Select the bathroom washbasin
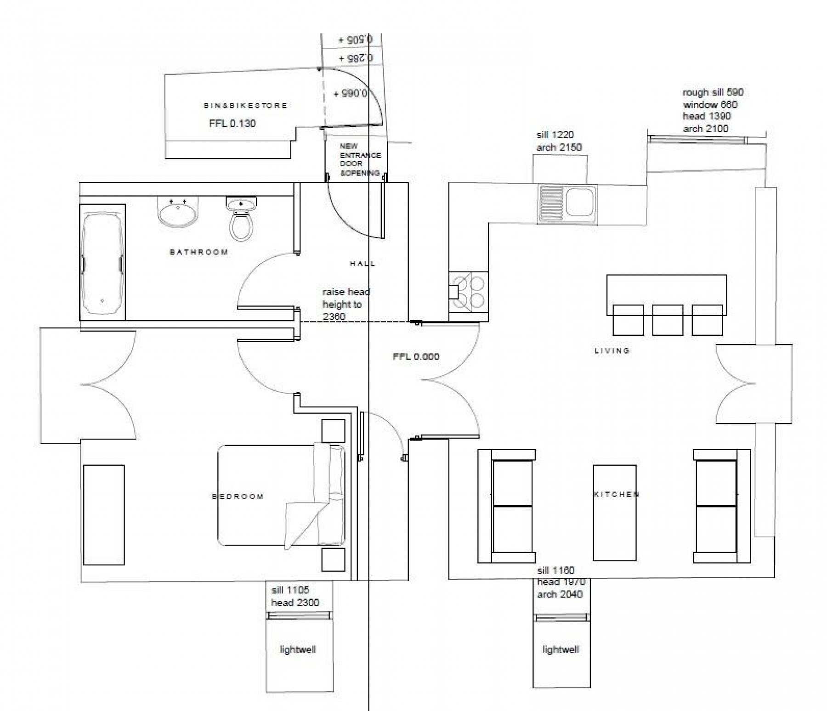pyautogui.click(x=178, y=212)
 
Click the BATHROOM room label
pyautogui.click(x=199, y=252)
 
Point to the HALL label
pyautogui.click(x=363, y=264)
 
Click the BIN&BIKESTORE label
pyautogui.click(x=245, y=106)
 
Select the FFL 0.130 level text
pyautogui.click(x=232, y=123)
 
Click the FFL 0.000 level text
pyautogui.click(x=416, y=356)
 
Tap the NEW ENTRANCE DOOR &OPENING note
pyautogui.click(x=360, y=159)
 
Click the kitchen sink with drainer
pyautogui.click(x=567, y=204)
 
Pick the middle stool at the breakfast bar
pyautogui.click(x=667, y=320)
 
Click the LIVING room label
pyautogui.click(x=612, y=351)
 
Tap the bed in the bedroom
pyautogui.click(x=281, y=495)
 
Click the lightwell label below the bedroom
pyautogui.click(x=298, y=649)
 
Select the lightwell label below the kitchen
pyautogui.click(x=561, y=649)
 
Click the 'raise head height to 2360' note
pyautogui.click(x=346, y=304)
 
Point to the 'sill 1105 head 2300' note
pyautogui.click(x=295, y=596)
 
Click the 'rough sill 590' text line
pyautogui.click(x=713, y=92)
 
